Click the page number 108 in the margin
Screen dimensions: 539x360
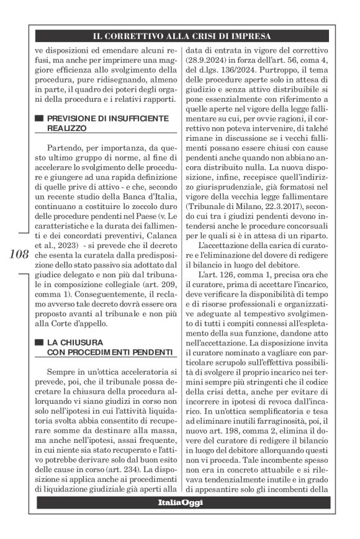[19, 253]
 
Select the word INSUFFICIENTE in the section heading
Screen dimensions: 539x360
[138, 117]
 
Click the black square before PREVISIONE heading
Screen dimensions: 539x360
[39, 117]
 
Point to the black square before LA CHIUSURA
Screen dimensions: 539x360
[39, 342]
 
